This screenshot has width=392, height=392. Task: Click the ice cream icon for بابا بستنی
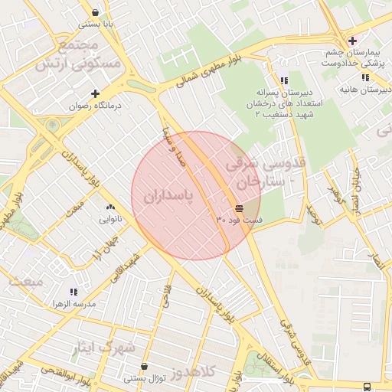tap(95, 12)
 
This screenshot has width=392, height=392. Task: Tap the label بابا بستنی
tap(97, 24)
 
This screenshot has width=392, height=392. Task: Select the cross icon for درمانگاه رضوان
tap(95, 93)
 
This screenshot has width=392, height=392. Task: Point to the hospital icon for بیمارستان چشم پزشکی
tap(351, 41)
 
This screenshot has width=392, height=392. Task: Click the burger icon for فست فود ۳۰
tap(240, 207)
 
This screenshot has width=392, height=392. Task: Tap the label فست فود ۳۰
tap(240, 220)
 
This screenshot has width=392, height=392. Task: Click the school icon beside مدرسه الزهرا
tap(74, 292)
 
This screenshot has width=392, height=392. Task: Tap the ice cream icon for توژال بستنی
tap(145, 365)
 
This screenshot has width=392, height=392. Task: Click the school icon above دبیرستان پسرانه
tap(284, 80)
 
